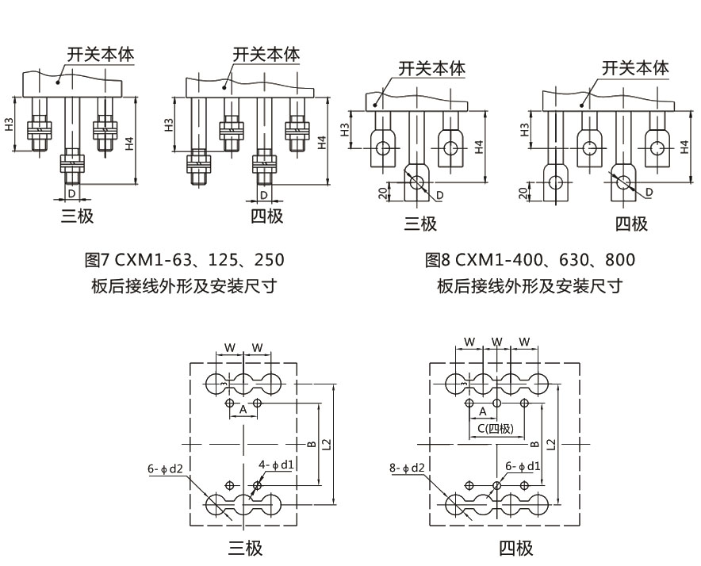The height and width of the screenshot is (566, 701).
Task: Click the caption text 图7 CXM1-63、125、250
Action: click(x=183, y=260)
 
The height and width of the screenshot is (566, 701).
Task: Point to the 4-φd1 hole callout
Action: click(x=278, y=464)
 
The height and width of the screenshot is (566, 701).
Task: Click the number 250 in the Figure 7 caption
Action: click(x=267, y=260)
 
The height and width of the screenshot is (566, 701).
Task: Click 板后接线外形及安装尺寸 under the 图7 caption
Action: click(x=183, y=286)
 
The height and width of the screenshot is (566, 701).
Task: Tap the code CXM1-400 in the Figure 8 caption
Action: click(x=495, y=260)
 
